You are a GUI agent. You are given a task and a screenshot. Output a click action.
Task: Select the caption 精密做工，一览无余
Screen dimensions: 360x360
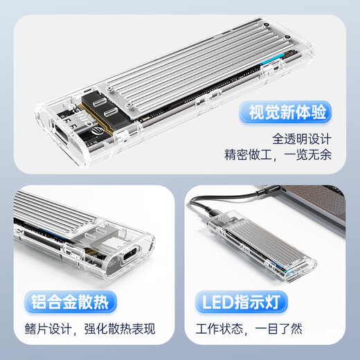[x=278, y=154]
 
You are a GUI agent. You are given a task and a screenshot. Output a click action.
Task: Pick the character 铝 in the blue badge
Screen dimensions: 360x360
[x=41, y=303]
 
